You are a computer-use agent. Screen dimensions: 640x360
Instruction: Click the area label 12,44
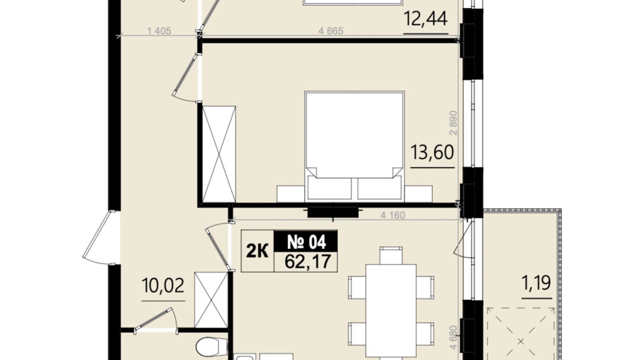[426, 19]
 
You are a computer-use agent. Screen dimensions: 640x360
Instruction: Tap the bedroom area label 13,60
[432, 152]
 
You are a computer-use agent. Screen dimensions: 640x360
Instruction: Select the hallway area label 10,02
[163, 286]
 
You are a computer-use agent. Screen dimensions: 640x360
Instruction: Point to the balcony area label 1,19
[536, 283]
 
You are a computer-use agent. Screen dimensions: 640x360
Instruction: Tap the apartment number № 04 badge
[306, 242]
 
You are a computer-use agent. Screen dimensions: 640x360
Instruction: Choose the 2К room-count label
[257, 251]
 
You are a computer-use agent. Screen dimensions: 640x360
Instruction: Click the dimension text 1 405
[159, 31]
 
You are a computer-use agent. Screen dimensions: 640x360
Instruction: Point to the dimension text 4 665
[331, 31]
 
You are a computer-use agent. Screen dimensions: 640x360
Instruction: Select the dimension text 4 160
[393, 215]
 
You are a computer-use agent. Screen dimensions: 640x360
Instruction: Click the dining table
[391, 310]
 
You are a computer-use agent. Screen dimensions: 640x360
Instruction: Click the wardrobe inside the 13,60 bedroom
[219, 154]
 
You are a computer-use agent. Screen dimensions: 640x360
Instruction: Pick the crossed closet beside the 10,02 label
[211, 300]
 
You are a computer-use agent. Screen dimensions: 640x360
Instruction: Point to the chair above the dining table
[391, 255]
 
